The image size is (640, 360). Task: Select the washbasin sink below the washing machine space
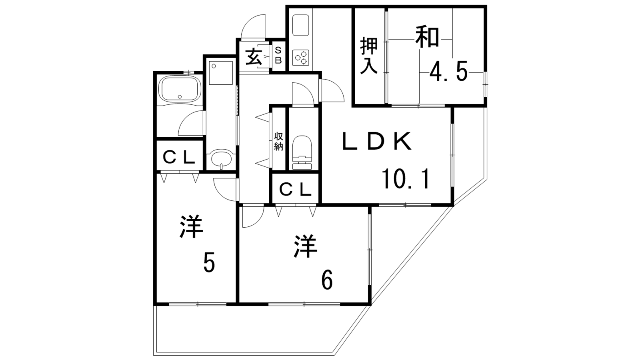click(221, 159)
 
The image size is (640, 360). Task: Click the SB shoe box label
click(278, 56)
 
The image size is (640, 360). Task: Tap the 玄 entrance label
click(254, 57)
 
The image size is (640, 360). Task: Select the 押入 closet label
click(369, 56)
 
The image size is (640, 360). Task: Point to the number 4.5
click(448, 72)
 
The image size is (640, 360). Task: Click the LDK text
click(377, 141)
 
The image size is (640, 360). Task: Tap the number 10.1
click(406, 179)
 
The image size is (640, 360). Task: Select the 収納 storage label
click(278, 141)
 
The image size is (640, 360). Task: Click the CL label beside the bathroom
click(179, 157)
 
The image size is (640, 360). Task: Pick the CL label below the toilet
click(295, 190)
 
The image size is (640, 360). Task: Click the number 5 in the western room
click(209, 262)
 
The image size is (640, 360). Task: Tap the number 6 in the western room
click(327, 280)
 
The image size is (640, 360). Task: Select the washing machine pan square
click(221, 72)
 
